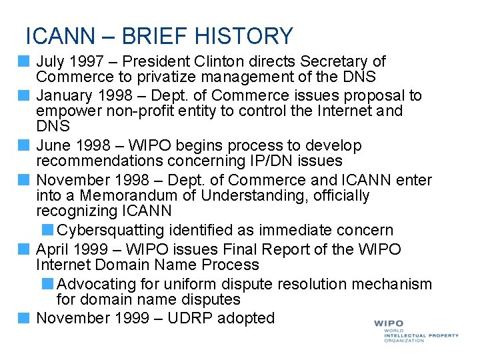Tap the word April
coord(54,249)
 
